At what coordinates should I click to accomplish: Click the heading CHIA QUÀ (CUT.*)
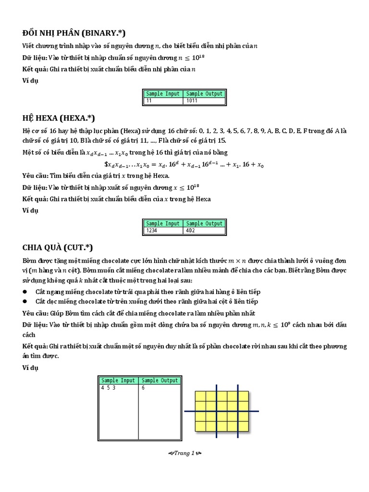(x=58, y=247)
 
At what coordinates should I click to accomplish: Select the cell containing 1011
(x=204, y=101)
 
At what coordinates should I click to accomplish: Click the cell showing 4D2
(x=204, y=231)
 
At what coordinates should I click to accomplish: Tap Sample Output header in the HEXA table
(x=204, y=223)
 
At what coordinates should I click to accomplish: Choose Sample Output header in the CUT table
(x=159, y=380)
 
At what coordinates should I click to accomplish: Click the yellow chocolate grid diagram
(x=221, y=411)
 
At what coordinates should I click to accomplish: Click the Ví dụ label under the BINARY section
(x=30, y=80)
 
